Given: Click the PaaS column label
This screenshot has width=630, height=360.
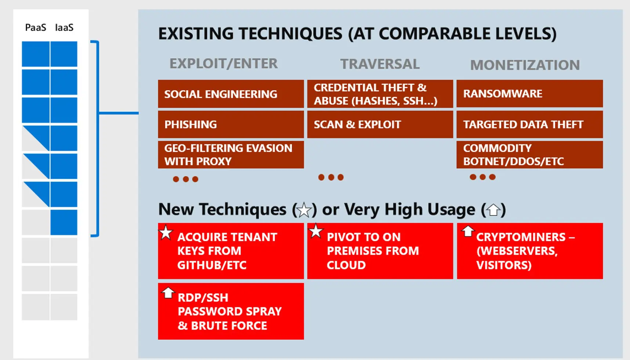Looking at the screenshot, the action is pos(36,28).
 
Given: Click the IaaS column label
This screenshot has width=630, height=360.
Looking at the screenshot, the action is pos(64,28).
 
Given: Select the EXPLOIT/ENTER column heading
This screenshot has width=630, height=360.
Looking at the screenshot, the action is pos(224,63).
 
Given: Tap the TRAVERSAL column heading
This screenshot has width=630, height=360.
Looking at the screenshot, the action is pos(380,64).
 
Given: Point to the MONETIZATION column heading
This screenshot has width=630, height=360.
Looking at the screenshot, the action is pos(525,65).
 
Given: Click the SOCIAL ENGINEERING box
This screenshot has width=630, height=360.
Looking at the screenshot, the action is pos(231,94).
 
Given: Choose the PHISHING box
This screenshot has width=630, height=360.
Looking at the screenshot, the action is pos(231,124).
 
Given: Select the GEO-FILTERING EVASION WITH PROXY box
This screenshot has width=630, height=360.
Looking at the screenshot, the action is pos(231,154).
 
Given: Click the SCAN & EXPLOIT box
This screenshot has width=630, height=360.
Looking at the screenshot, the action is pos(380,124).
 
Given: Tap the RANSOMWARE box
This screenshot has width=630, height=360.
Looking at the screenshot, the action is pos(529,94).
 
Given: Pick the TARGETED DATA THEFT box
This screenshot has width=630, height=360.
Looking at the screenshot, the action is pos(529,124).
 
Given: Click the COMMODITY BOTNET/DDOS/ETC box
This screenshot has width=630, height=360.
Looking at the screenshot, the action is pos(529,154).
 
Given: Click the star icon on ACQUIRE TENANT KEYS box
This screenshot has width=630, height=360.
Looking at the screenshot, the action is pos(166,232).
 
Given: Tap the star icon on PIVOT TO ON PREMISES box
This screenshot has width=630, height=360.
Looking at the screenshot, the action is pos(316,231).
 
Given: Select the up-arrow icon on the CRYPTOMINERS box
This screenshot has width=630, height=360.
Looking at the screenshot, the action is pos(468,231).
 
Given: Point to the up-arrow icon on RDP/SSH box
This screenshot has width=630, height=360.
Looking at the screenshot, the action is pos(168,292).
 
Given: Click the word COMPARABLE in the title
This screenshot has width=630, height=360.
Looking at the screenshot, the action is pos(434,34).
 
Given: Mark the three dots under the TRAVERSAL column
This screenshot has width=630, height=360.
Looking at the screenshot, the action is pos(331,177).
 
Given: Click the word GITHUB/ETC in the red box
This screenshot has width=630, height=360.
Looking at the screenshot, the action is pos(212,265).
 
